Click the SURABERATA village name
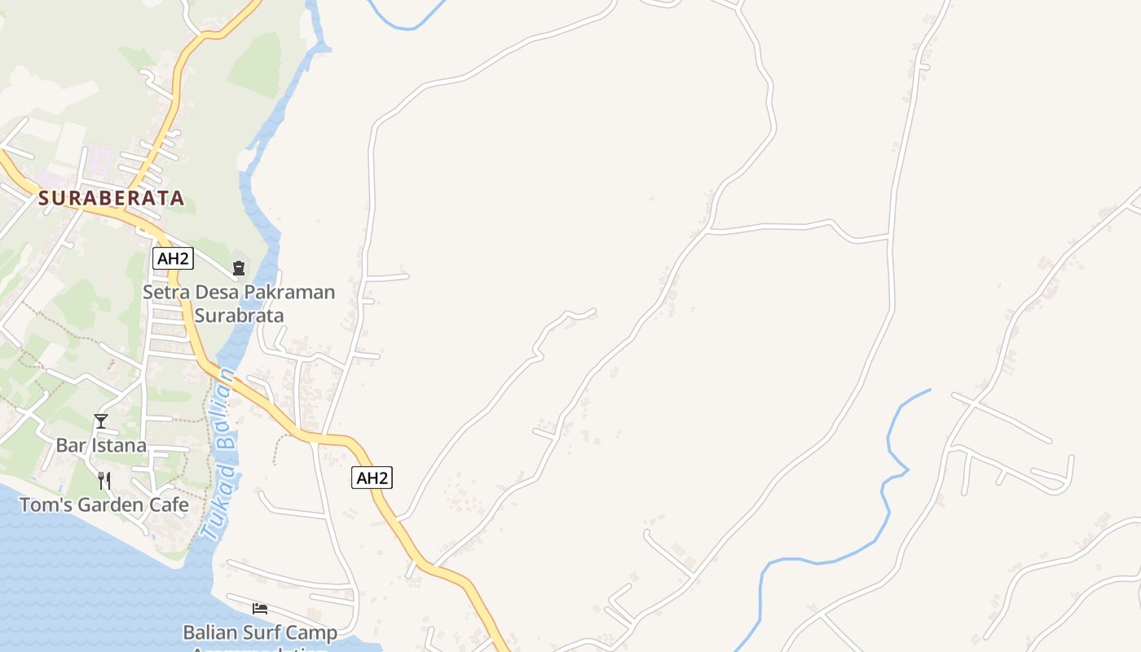[111, 198]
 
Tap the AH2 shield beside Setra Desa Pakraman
[173, 259]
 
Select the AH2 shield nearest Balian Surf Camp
[372, 478]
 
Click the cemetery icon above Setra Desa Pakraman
[239, 267]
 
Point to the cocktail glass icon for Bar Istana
[101, 421]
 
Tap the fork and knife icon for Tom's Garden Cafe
[104, 481]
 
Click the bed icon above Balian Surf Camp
[260, 609]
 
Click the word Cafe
[169, 505]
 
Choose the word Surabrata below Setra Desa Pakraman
[239, 316]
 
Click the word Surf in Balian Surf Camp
[265, 633]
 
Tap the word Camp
[313, 633]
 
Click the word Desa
[210, 293]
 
